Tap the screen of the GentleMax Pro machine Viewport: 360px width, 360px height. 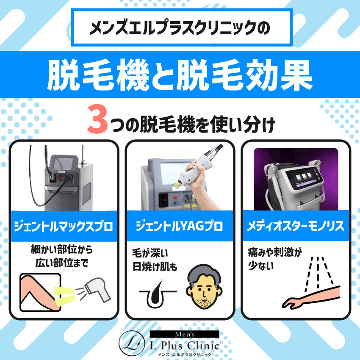point(62,164)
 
